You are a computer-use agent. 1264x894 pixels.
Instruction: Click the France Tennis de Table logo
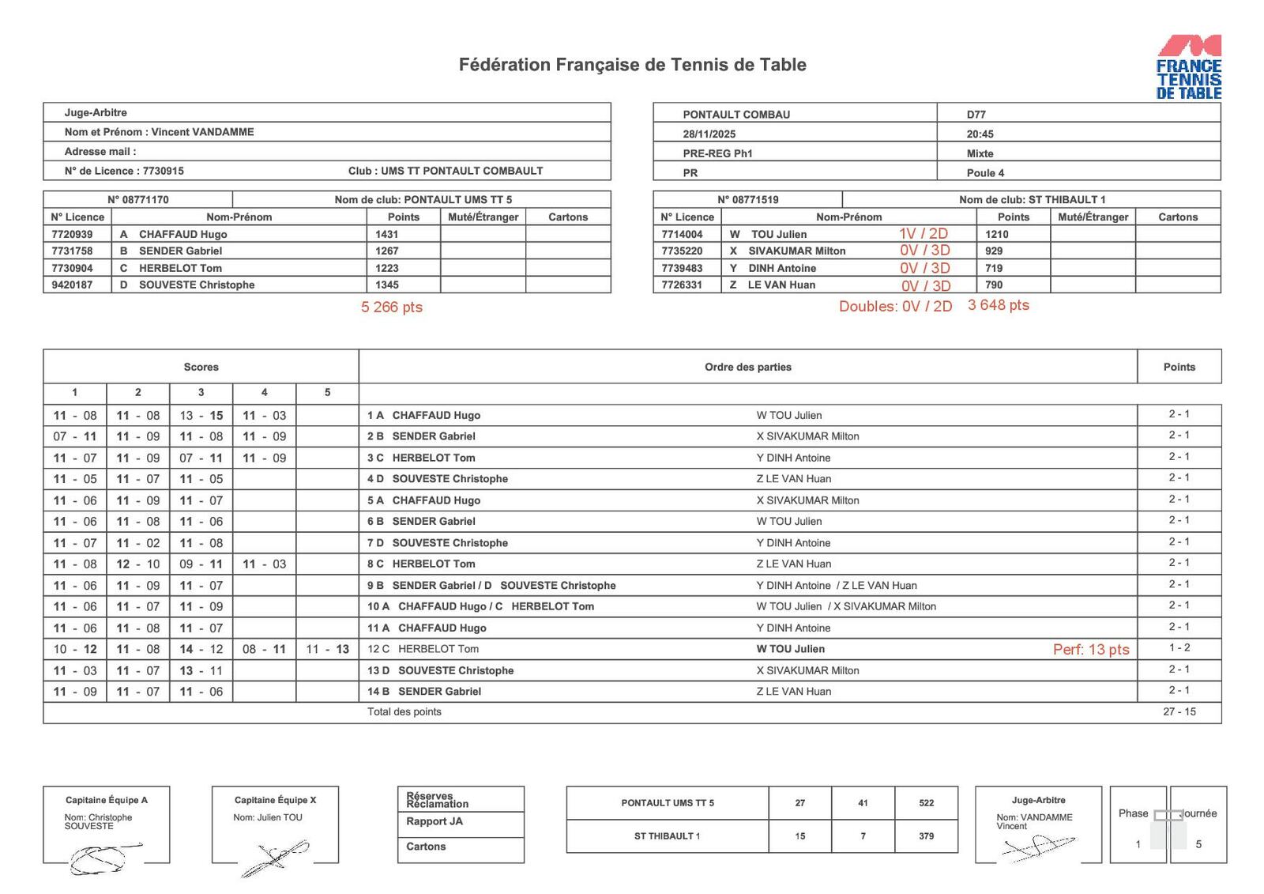click(x=1188, y=67)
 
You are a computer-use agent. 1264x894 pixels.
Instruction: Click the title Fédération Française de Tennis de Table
click(x=632, y=65)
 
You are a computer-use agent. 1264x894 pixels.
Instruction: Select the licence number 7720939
click(x=72, y=234)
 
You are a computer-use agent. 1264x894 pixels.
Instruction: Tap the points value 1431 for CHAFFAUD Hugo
click(x=387, y=234)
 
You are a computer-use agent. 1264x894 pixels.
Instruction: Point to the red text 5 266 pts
click(x=391, y=307)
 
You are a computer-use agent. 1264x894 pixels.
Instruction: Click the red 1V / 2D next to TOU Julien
click(x=923, y=234)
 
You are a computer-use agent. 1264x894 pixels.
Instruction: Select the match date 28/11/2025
click(x=709, y=134)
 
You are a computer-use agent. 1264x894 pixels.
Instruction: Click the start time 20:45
click(x=980, y=134)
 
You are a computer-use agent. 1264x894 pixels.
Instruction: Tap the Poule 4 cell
click(x=985, y=172)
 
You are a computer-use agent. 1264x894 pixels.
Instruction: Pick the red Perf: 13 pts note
click(x=1090, y=649)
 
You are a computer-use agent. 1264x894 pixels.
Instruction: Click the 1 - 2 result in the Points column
click(x=1179, y=648)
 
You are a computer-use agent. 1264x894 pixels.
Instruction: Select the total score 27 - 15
click(x=1179, y=711)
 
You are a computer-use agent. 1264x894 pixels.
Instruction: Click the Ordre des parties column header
click(x=747, y=367)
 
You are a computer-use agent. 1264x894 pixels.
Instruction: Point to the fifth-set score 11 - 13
click(x=327, y=649)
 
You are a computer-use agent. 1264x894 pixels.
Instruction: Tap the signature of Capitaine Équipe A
click(x=103, y=857)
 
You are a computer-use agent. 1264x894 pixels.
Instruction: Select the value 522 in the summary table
click(x=926, y=802)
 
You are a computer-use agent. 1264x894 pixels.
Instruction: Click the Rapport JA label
click(x=434, y=821)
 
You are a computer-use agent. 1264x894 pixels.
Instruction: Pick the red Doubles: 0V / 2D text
click(x=895, y=306)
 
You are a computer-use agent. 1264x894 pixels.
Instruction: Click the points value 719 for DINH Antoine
click(x=994, y=268)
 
